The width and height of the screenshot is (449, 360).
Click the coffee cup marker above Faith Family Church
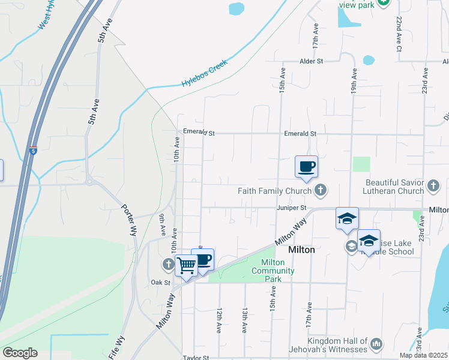pyautogui.click(x=306, y=167)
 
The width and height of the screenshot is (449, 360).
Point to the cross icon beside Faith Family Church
pyautogui.click(x=321, y=191)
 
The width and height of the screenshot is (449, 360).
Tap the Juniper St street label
pyautogui.click(x=292, y=208)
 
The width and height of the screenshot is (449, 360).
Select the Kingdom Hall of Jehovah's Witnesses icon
pyautogui.click(x=376, y=344)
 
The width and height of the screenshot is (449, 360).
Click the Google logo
pyautogui.click(x=20, y=353)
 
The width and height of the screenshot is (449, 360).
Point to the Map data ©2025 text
pyautogui.click(x=424, y=355)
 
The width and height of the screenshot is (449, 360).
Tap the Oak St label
pyautogui.click(x=161, y=282)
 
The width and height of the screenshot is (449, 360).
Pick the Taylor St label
pyautogui.click(x=196, y=358)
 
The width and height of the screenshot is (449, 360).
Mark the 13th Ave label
pyautogui.click(x=245, y=320)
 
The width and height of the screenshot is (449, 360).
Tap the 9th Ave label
pyautogui.click(x=162, y=225)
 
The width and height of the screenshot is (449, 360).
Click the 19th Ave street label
pyautogui.click(x=354, y=80)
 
